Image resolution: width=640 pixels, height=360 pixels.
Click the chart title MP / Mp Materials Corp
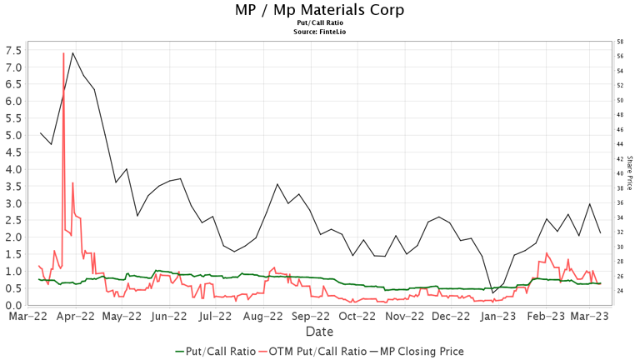click(x=320, y=10)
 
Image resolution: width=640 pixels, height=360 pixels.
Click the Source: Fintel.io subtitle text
click(x=320, y=31)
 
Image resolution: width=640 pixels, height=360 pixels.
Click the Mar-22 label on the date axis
click(x=27, y=317)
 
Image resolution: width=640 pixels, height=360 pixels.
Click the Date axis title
click(x=319, y=331)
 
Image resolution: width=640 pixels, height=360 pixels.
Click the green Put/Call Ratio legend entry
click(x=214, y=352)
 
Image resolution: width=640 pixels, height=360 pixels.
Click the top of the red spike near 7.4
click(x=63, y=53)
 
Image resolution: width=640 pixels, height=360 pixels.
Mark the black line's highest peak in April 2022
click(x=72, y=53)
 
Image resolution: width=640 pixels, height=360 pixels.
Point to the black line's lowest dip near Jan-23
click(x=492, y=292)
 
